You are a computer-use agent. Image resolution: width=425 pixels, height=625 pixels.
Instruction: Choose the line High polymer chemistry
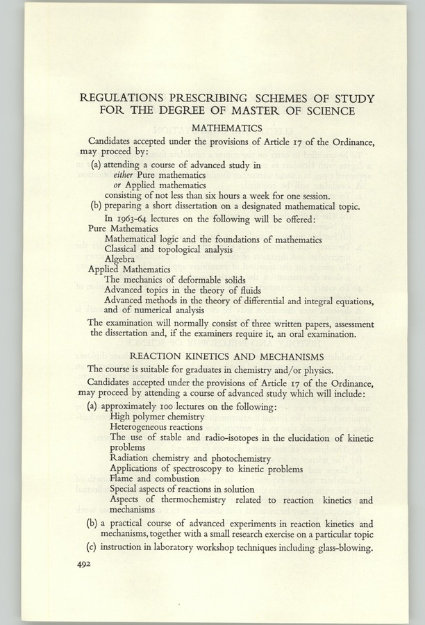pos(157,416)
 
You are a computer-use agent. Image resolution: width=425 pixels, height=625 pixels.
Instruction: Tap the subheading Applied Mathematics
pos(130,268)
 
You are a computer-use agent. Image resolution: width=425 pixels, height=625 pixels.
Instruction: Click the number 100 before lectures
pos(165,406)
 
